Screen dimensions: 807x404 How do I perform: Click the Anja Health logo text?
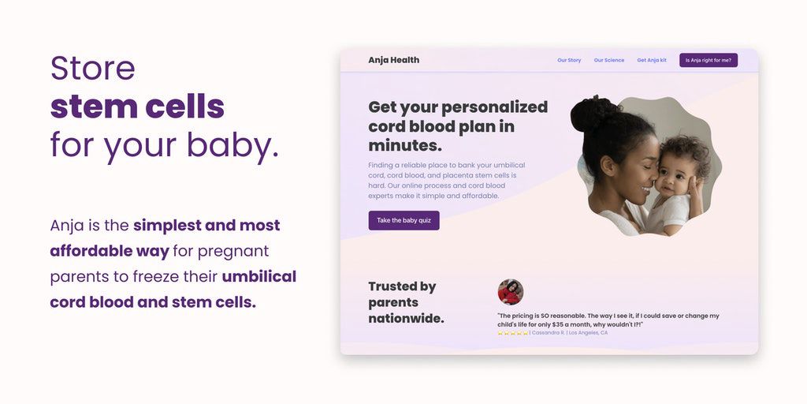[394, 60]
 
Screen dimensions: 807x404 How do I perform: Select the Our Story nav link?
[569, 60]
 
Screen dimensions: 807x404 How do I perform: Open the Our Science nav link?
[609, 60]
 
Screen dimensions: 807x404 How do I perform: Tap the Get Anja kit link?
[652, 60]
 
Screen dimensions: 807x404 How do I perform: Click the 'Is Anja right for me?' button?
[708, 60]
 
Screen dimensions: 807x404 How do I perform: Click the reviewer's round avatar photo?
[511, 292]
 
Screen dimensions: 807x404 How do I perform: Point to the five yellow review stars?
[512, 333]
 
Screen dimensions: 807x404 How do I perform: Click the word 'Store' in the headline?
[93, 68]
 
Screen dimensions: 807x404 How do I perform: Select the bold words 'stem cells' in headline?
[137, 107]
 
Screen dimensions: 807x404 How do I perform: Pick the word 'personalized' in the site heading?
[495, 107]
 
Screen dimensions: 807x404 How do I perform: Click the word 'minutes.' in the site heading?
[405, 146]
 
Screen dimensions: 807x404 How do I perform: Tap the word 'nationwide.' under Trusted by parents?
[406, 319]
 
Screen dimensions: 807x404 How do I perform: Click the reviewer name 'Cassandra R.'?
[547, 333]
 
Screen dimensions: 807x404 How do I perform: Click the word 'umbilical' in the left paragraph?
[258, 277]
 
